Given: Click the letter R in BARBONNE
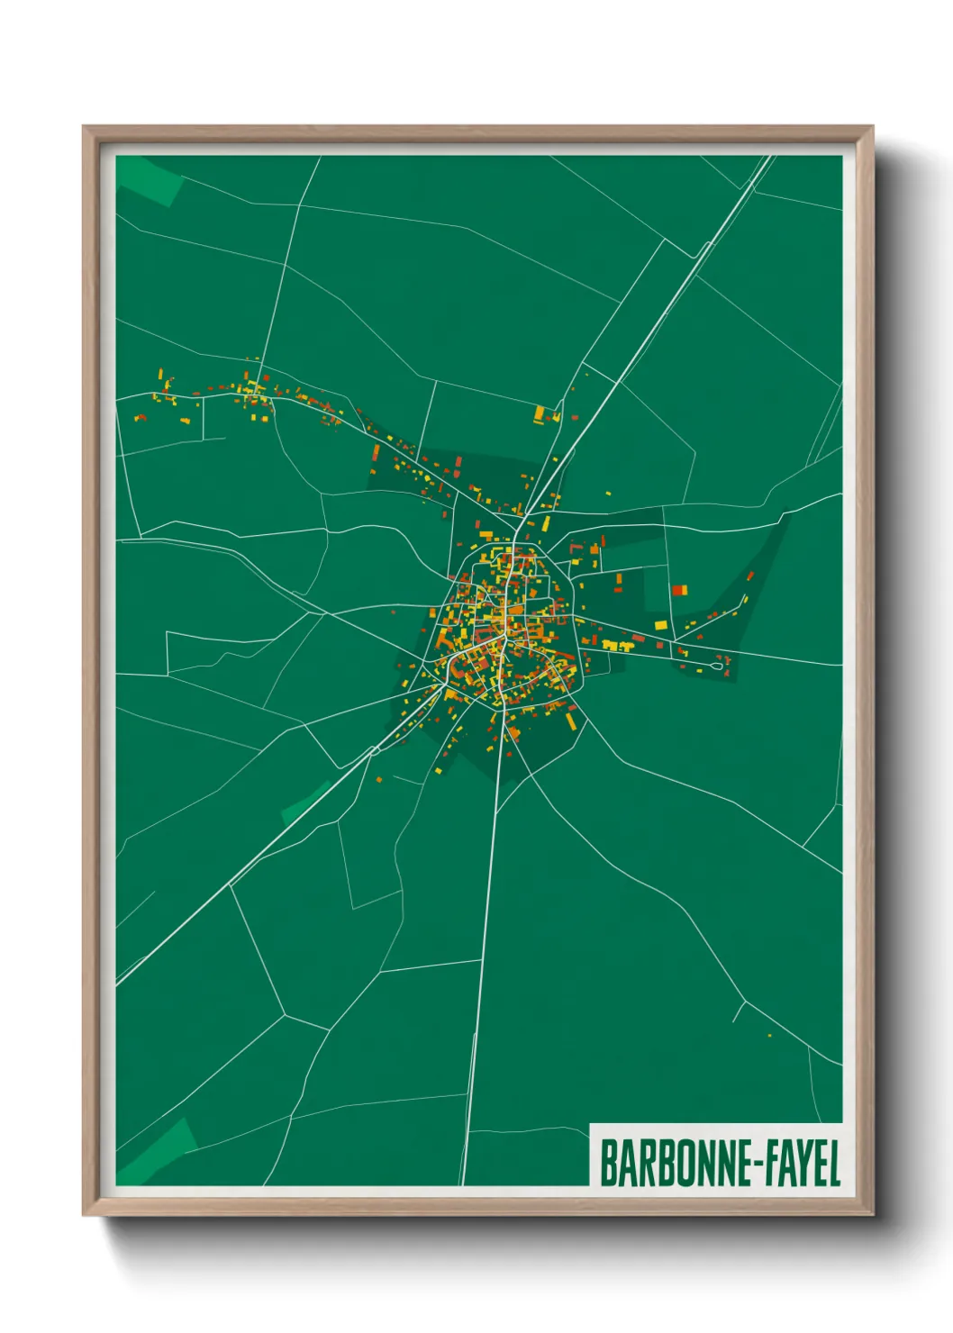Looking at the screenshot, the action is (x=637, y=1164).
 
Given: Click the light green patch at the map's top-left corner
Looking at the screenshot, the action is (x=149, y=177).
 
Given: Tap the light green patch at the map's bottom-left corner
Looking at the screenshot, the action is (x=158, y=1154).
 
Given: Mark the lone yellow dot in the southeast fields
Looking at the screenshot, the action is (x=769, y=1036).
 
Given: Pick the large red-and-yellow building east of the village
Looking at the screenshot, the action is (x=679, y=591).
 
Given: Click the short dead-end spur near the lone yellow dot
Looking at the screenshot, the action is (x=739, y=1012).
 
